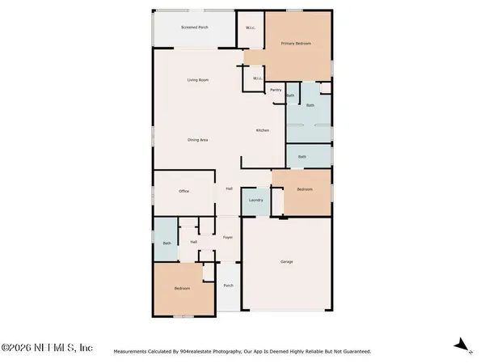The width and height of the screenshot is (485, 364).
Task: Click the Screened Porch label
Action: click(x=195, y=27)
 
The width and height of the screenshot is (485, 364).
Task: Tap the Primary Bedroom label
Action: click(x=295, y=43)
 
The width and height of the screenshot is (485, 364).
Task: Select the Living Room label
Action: click(x=198, y=79)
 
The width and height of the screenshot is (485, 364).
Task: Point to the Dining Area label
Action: click(x=198, y=140)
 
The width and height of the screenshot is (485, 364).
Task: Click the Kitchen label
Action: click(x=263, y=130)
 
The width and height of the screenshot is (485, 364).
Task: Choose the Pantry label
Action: click(x=276, y=90)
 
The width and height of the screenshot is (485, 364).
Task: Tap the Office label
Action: click(x=183, y=191)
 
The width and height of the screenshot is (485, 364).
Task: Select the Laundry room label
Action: click(x=256, y=200)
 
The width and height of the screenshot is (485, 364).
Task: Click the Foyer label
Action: click(x=228, y=237)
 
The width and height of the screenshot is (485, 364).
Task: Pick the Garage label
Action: click(x=286, y=262)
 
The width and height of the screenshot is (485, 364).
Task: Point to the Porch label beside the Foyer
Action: click(x=228, y=286)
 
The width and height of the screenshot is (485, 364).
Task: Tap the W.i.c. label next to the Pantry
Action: click(x=256, y=78)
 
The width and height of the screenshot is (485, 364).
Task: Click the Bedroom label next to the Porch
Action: click(x=182, y=289)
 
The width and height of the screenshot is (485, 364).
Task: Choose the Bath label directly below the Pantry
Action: click(x=290, y=95)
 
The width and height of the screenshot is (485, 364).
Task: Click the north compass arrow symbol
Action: click(x=462, y=344)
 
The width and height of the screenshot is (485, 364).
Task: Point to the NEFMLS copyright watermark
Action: click(x=47, y=348)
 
